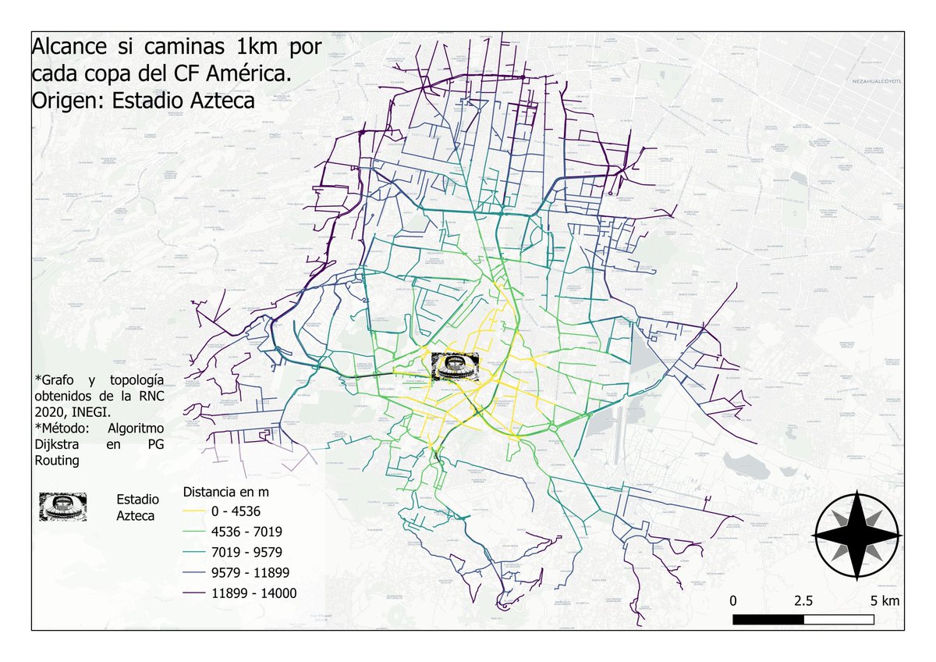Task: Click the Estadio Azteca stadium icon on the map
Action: pos(456,366)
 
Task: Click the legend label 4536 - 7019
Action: pos(246,532)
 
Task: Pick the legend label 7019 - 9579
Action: pos(246,553)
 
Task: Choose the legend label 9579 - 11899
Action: pos(250,573)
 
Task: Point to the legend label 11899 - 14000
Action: pos(254,593)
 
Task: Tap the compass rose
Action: pos(857,536)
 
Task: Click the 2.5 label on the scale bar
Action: pos(803,601)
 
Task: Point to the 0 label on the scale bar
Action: pos(733,601)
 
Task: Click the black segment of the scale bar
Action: pos(768,620)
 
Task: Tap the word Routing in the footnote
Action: pos(60,461)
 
